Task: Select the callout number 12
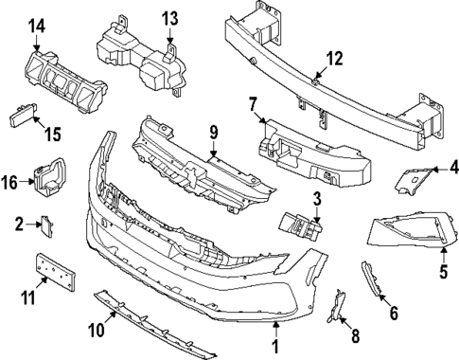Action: tap(333, 60)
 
